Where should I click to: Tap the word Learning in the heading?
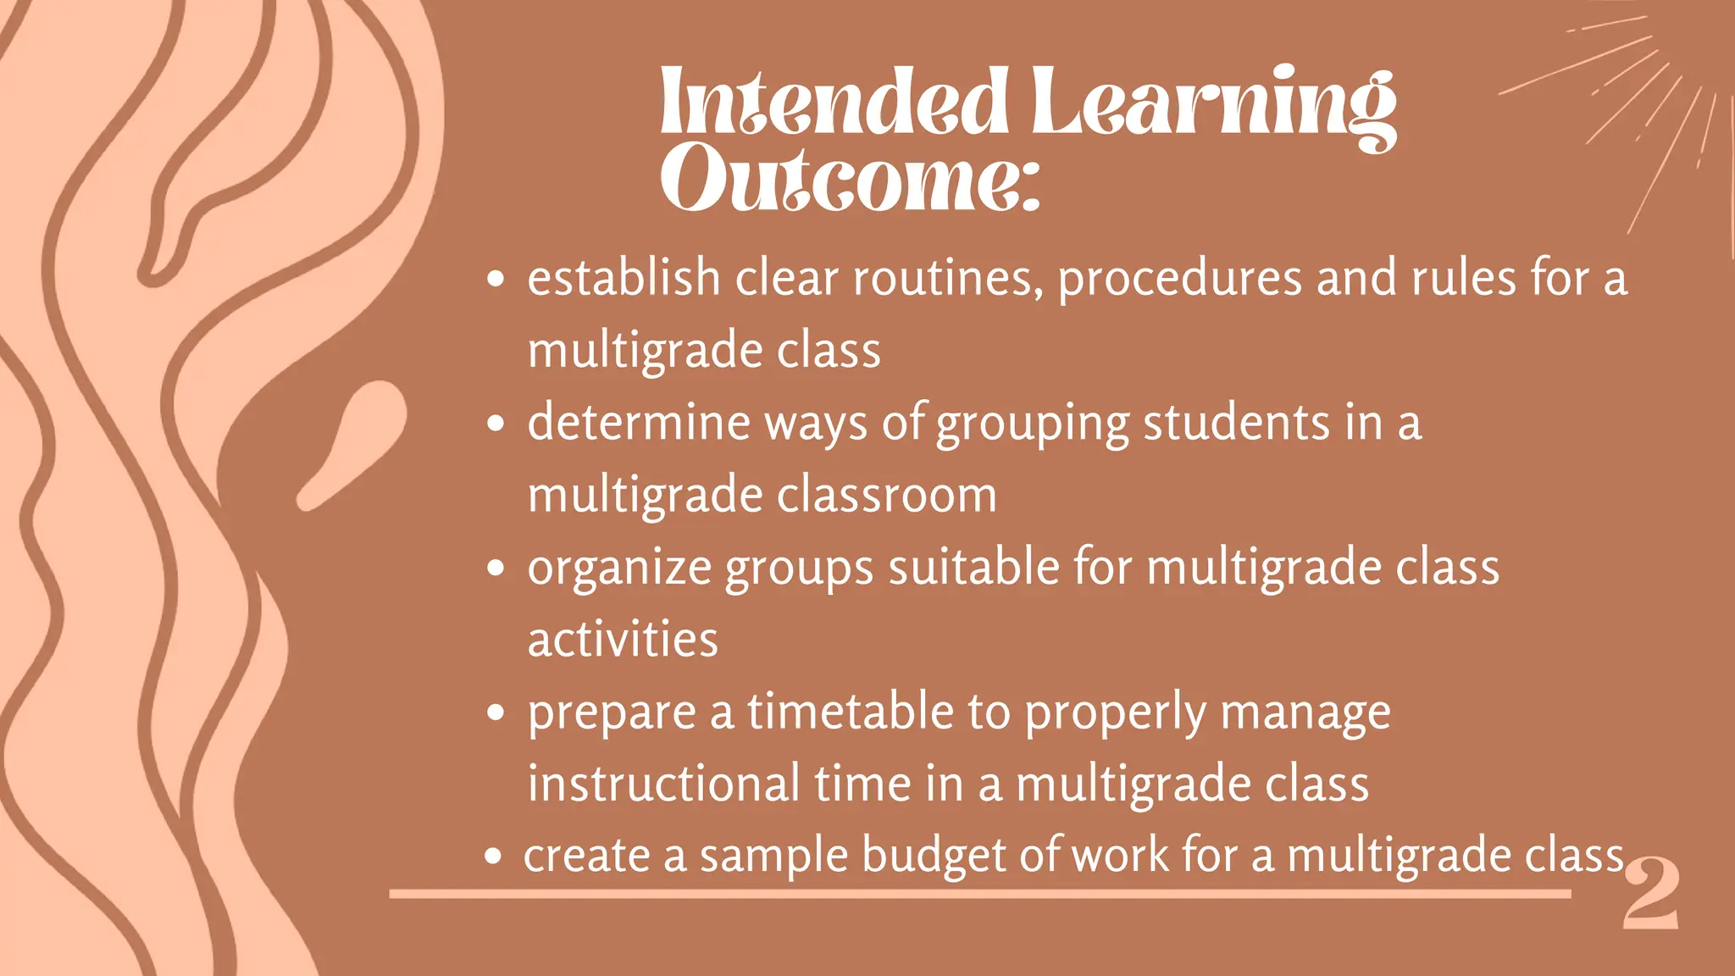click(1213, 103)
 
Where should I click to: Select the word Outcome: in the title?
click(850, 179)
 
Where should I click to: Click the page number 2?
click(1650, 894)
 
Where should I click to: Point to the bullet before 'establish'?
click(496, 279)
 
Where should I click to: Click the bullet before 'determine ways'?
click(496, 423)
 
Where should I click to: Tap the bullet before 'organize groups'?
click(496, 568)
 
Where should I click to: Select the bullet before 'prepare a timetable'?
click(496, 713)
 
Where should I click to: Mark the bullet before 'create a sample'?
click(493, 857)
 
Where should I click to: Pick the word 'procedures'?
click(1179, 280)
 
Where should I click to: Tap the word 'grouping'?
click(1033, 424)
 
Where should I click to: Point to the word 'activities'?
click(623, 640)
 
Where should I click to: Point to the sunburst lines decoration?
click(1635, 102)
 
